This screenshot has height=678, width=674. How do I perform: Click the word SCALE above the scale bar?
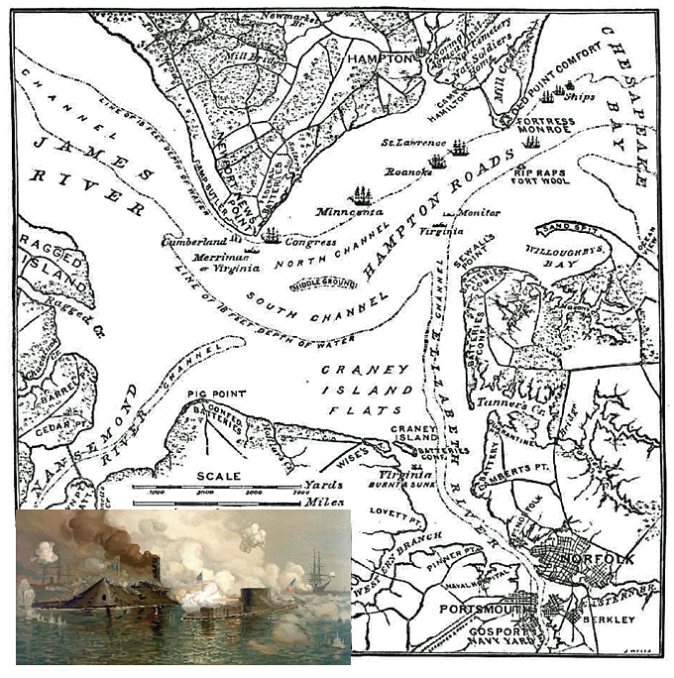pos(219,476)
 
